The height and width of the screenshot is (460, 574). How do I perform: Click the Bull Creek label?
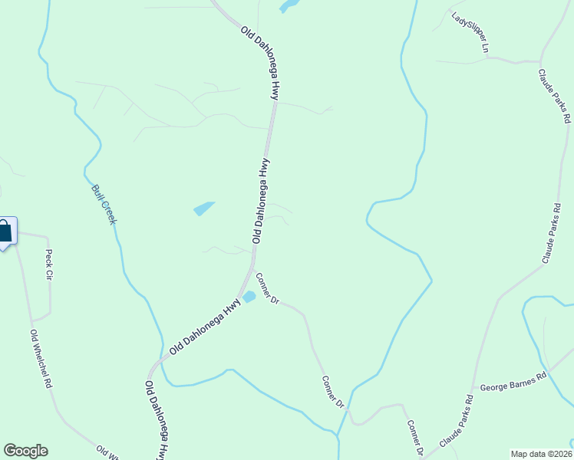104,204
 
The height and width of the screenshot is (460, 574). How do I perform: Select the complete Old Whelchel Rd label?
41,359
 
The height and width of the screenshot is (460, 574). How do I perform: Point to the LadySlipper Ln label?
470,32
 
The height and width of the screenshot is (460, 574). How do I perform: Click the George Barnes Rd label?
513,381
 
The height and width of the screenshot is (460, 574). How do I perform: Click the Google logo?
25,451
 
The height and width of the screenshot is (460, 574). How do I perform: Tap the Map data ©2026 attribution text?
540,454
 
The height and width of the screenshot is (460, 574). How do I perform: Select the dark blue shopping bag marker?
5,232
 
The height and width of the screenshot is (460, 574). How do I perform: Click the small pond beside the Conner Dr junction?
249,297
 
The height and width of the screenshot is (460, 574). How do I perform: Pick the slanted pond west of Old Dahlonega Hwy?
204,208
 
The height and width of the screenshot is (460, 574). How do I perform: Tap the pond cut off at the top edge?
289,6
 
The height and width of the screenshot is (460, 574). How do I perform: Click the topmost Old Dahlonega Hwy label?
259,64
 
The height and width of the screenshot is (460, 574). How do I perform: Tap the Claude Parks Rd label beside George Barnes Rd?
457,422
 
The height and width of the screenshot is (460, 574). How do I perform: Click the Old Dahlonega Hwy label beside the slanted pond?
259,201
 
